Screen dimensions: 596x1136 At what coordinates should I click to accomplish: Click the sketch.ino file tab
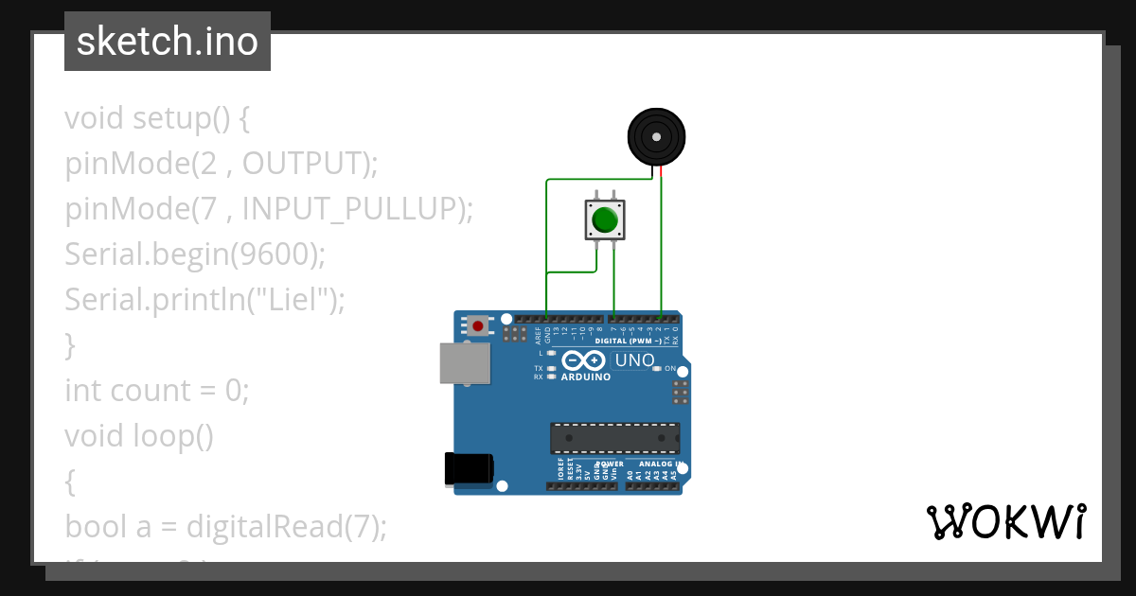point(168,42)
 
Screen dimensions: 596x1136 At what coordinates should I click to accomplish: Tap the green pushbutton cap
point(605,220)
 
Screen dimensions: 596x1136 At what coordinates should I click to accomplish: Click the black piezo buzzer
point(656,137)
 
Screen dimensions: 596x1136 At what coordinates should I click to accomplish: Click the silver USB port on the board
point(465,363)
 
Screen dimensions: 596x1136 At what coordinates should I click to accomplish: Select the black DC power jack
point(470,468)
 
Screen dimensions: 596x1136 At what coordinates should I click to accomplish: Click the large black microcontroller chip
point(615,438)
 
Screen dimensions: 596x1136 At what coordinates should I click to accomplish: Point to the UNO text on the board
point(635,360)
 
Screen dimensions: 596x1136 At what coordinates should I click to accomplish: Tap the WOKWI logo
point(1006,521)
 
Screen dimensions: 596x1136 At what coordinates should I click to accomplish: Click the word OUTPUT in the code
point(304,164)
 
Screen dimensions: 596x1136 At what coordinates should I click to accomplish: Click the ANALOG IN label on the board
point(660,465)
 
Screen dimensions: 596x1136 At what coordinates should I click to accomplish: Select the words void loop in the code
point(139,436)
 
